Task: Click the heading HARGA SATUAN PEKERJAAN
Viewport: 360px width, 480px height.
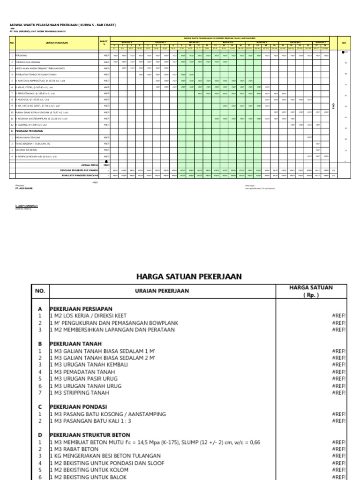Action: tap(189, 277)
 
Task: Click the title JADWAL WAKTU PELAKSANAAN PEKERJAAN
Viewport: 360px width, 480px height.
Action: tap(62, 25)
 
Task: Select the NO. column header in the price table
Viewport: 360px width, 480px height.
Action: tap(39, 291)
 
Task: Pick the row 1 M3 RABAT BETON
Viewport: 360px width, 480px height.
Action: tap(74, 449)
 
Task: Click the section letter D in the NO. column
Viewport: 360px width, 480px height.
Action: tap(39, 435)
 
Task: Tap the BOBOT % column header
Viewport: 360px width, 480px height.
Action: tap(105, 43)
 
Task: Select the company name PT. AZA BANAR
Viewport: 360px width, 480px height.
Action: tap(23, 187)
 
